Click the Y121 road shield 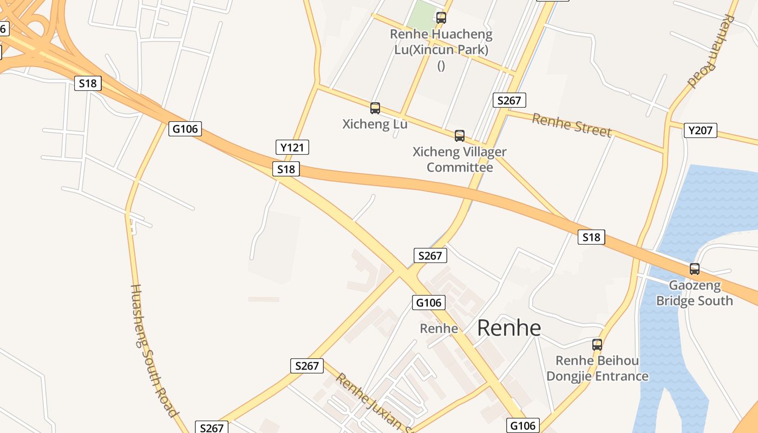[292, 147]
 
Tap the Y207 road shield [700, 130]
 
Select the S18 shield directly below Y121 [286, 169]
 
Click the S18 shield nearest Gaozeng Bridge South [591, 237]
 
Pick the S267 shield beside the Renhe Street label [509, 100]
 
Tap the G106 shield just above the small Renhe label [429, 303]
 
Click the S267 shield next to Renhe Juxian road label [307, 366]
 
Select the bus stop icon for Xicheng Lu [375, 108]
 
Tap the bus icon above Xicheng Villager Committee [460, 136]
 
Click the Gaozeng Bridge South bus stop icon [694, 268]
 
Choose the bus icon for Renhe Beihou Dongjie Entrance [597, 345]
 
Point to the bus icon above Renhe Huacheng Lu [441, 18]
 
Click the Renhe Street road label [571, 126]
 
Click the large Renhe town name [509, 328]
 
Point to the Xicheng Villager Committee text [460, 160]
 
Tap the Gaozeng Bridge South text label [694, 293]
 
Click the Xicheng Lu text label [375, 124]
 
